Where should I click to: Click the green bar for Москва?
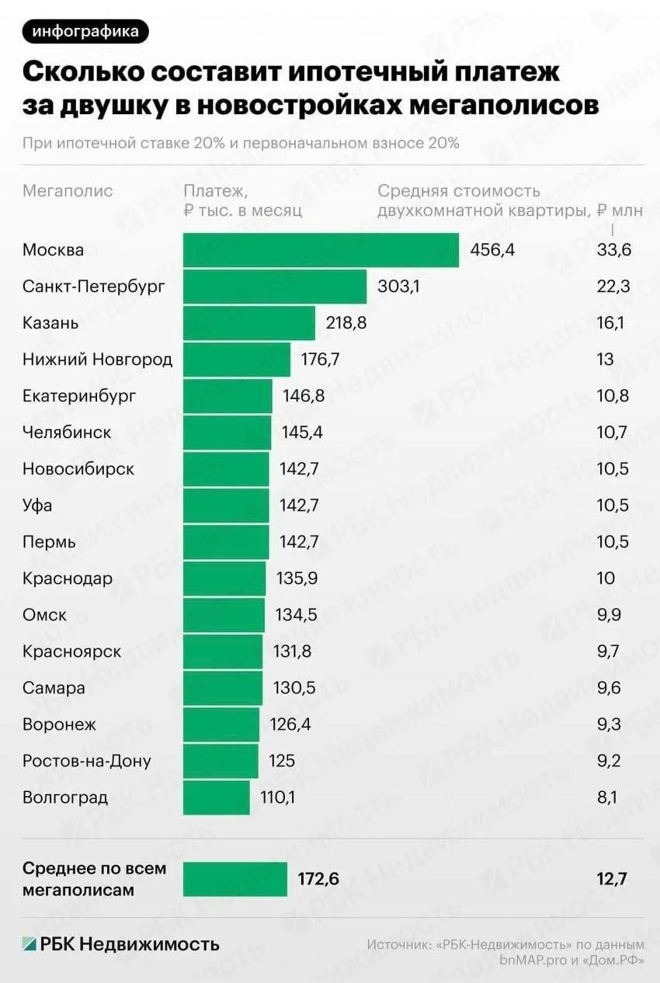pyautogui.click(x=321, y=250)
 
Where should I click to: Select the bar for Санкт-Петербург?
pyautogui.click(x=275, y=287)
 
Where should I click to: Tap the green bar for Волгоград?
pyautogui.click(x=217, y=797)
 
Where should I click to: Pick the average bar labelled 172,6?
pyautogui.click(x=234, y=879)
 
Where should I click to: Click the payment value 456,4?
pyautogui.click(x=492, y=250)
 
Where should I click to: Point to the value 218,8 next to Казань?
pyautogui.click(x=346, y=323)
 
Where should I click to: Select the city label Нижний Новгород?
pyautogui.click(x=97, y=360)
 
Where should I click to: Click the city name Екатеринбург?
pyautogui.click(x=79, y=396)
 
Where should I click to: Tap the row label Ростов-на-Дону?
pyautogui.click(x=87, y=761)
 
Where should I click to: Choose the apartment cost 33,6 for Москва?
pyautogui.click(x=613, y=250)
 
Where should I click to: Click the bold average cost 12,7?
pyautogui.click(x=611, y=879)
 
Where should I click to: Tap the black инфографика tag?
pyautogui.click(x=85, y=32)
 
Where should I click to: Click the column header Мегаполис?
pyautogui.click(x=68, y=191)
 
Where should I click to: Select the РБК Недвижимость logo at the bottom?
pyautogui.click(x=120, y=944)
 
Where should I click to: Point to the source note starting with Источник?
pyautogui.click(x=505, y=953)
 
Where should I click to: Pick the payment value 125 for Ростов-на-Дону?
pyautogui.click(x=282, y=761)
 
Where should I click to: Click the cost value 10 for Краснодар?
pyautogui.click(x=606, y=578)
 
